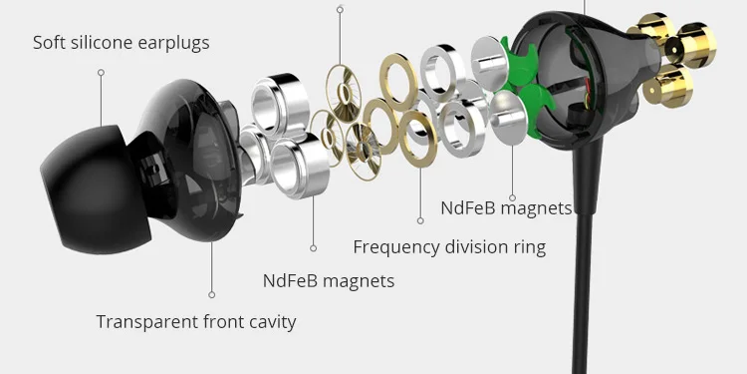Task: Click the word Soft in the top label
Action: tap(49, 43)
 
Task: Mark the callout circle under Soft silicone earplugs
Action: tap(101, 73)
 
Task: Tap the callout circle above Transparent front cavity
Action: tap(211, 295)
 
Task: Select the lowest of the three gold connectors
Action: tap(667, 87)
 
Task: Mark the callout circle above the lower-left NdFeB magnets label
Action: tap(313, 248)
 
